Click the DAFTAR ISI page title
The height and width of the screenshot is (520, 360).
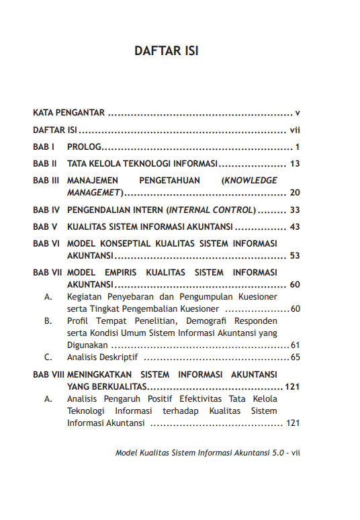(166, 52)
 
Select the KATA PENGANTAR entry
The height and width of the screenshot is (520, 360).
(69, 112)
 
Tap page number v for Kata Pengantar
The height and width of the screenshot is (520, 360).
(296, 112)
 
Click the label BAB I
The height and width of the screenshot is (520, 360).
(44, 146)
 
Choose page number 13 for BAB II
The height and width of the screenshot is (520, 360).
(294, 163)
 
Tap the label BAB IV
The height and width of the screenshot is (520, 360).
(46, 210)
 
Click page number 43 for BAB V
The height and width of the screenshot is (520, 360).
(294, 226)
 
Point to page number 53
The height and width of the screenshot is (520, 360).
(294, 255)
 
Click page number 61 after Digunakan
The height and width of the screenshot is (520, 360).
(295, 345)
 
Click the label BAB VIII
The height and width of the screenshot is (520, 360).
(48, 374)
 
